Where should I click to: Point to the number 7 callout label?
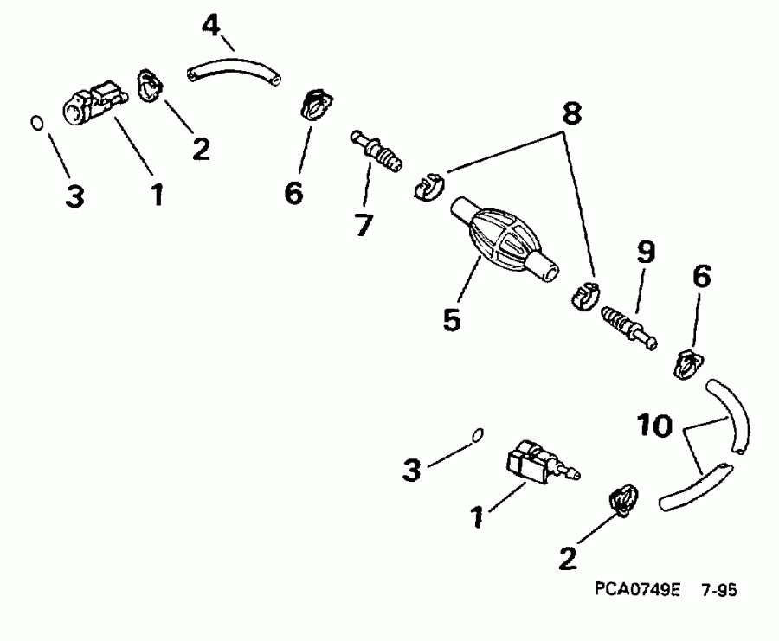coord(363,224)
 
